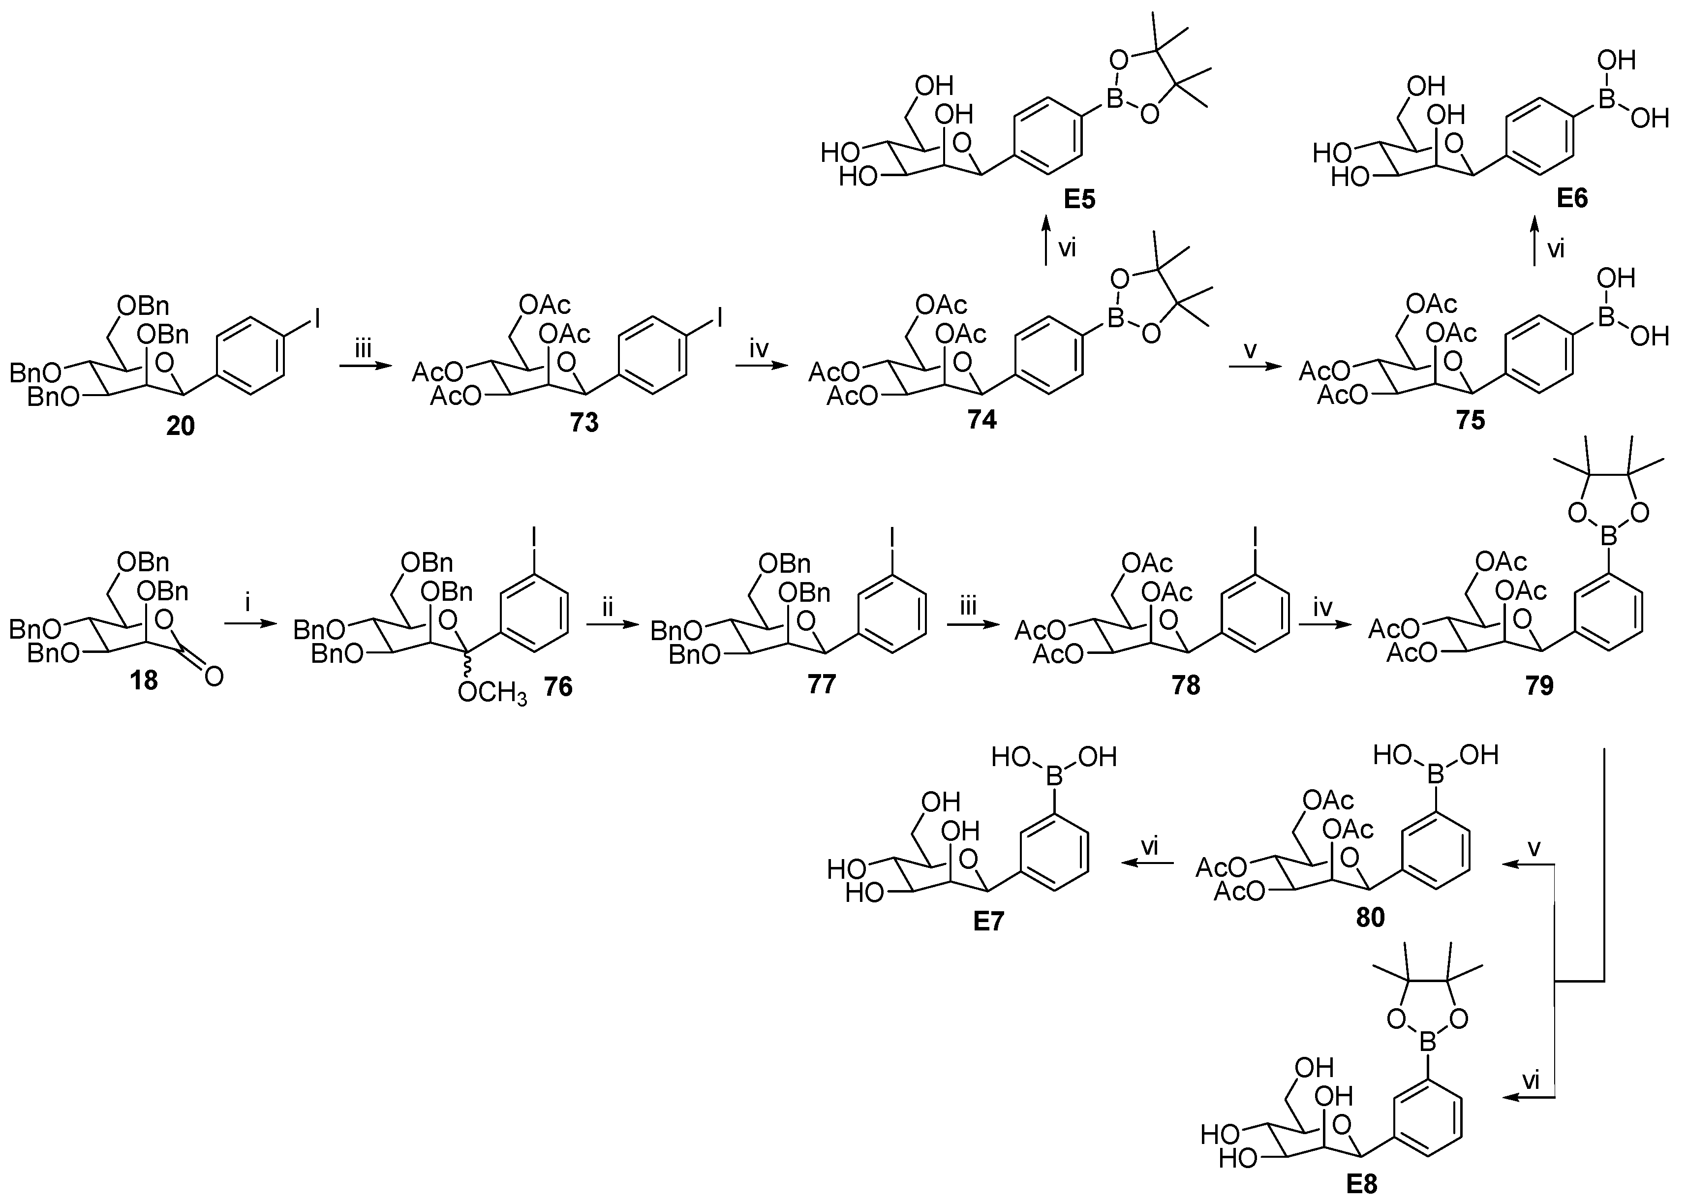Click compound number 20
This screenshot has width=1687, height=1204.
coord(180,426)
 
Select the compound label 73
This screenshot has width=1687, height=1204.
coord(584,423)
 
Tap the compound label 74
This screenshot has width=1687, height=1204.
coord(982,420)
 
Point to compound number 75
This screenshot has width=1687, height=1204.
coord(1471,420)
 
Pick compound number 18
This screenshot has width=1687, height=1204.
coord(144,680)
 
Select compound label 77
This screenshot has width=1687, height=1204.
coord(821,683)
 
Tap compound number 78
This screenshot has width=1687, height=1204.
coord(1186,685)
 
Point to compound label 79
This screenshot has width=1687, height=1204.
coord(1539,685)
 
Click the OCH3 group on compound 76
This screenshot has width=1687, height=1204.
coord(492,693)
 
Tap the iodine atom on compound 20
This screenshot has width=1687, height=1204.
coord(317,319)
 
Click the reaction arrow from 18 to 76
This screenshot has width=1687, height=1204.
coord(248,625)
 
